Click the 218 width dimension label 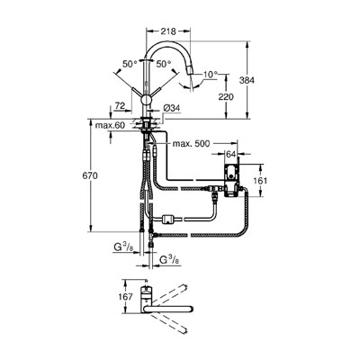pos(168,31)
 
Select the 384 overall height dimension pos(247,80)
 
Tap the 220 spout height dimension pos(225,96)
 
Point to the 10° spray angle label pos(210,74)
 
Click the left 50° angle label pos(130,64)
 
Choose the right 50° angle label pos(163,64)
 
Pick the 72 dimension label pos(120,105)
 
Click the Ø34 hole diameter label pos(172,109)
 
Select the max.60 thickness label pos(110,125)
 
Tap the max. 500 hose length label pos(191,144)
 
